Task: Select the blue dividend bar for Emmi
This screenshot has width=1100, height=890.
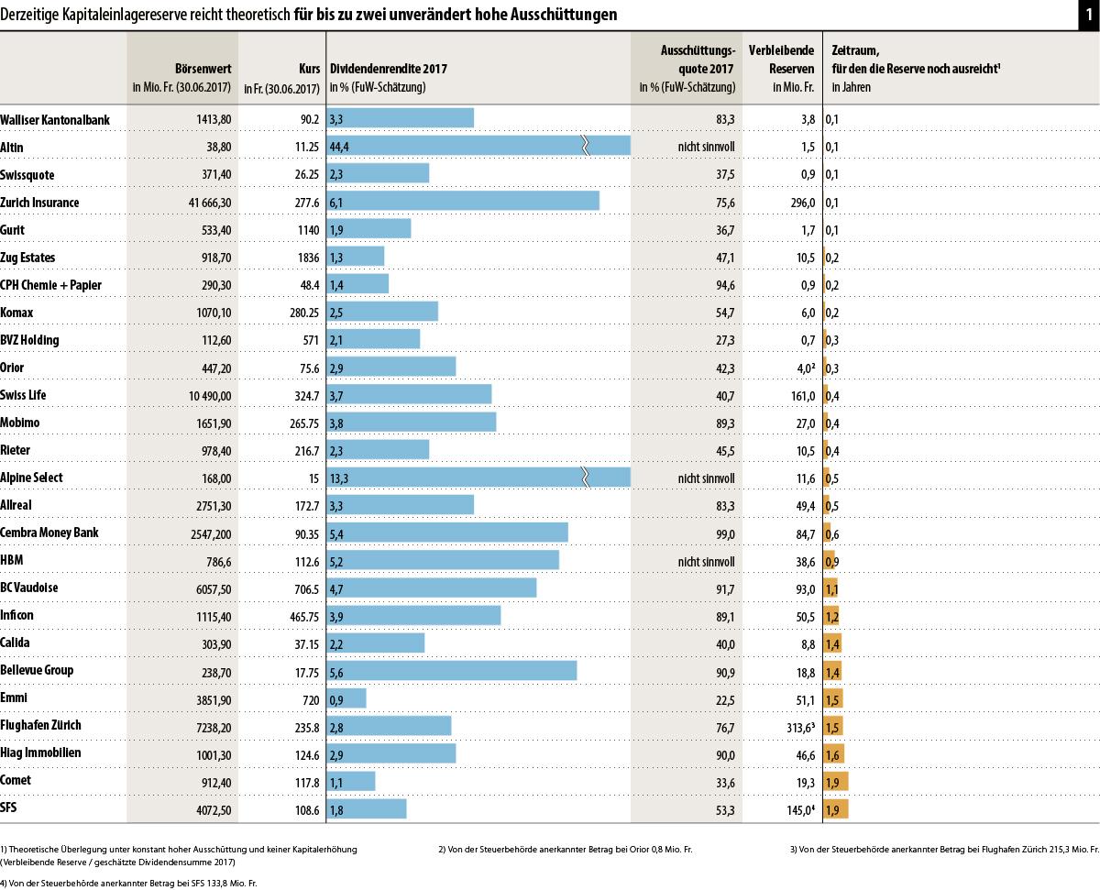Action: [346, 698]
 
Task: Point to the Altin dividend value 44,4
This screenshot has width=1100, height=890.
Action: [339, 148]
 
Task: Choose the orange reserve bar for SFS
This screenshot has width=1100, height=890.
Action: [836, 808]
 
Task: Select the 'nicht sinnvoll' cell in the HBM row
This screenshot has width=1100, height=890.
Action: [705, 560]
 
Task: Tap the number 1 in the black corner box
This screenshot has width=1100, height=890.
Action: [1088, 15]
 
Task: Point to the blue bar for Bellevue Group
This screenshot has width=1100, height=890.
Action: [452, 671]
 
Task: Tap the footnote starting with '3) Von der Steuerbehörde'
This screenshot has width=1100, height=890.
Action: [944, 849]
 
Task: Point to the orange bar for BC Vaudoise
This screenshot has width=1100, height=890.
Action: [832, 588]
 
